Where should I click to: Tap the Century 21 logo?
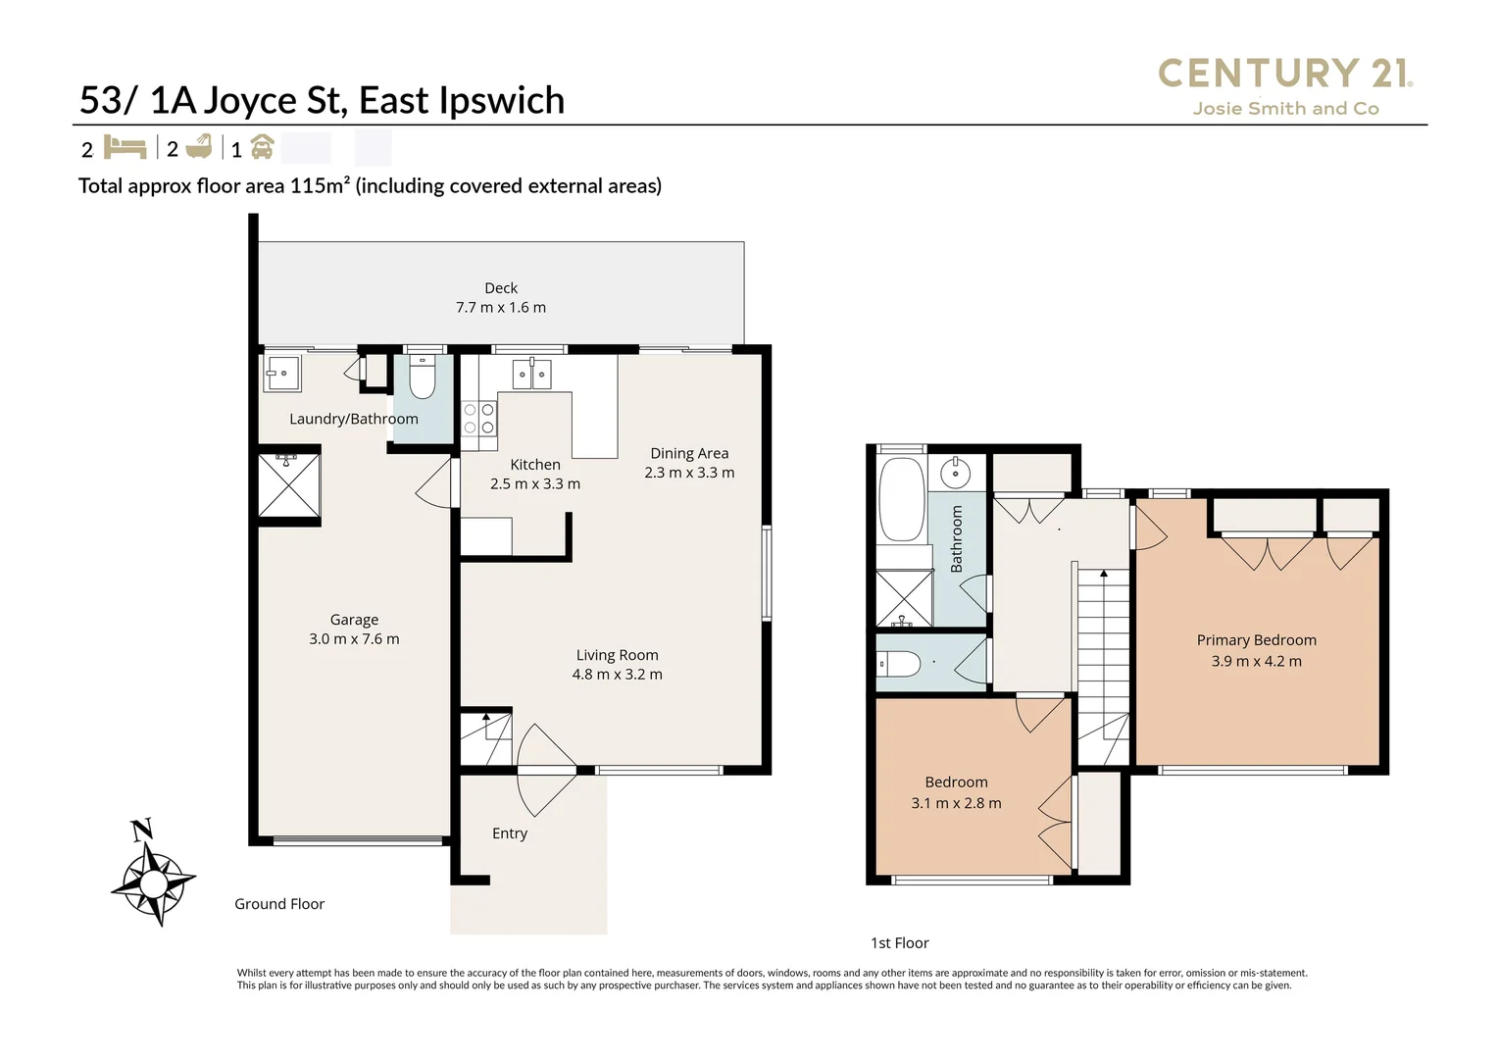click(x=1284, y=85)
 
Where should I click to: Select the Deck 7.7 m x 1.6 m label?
click(x=500, y=297)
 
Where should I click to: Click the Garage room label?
click(x=354, y=629)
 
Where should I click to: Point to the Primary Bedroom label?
click(x=1256, y=650)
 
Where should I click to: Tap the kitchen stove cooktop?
click(x=478, y=419)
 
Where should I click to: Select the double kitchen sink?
click(x=531, y=374)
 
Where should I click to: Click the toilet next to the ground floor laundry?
click(x=423, y=378)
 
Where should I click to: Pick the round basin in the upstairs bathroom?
click(x=955, y=474)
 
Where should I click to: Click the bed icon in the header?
click(x=125, y=148)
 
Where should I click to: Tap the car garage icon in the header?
click(x=262, y=148)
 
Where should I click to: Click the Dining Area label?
click(x=689, y=463)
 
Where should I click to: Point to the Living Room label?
click(x=617, y=664)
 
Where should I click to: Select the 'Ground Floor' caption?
click(x=279, y=904)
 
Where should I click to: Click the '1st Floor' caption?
click(x=899, y=942)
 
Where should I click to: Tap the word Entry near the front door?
click(x=510, y=833)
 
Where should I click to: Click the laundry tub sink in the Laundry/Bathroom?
click(x=282, y=374)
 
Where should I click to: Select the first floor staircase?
click(x=1103, y=667)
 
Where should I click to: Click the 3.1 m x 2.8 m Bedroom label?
click(x=956, y=792)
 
